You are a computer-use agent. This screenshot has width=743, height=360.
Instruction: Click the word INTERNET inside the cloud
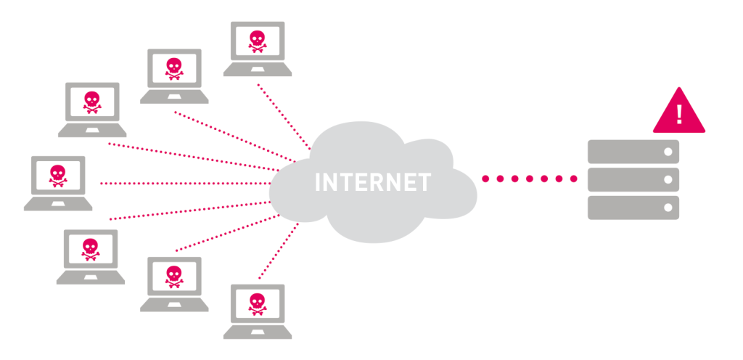(x=373, y=182)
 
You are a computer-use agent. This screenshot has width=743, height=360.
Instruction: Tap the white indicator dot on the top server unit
(x=668, y=152)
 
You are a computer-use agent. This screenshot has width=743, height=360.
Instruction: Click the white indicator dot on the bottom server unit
(x=668, y=207)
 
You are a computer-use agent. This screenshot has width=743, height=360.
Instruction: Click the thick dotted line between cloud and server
(x=529, y=179)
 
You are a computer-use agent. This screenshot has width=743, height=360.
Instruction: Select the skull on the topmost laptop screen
(x=257, y=40)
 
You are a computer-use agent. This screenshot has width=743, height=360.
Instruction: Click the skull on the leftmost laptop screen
(x=57, y=174)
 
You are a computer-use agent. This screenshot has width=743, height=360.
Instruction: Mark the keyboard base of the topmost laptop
(x=258, y=70)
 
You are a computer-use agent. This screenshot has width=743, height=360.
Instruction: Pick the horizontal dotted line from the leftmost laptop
(x=181, y=184)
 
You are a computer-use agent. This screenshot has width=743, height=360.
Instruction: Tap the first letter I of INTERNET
(x=318, y=182)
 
